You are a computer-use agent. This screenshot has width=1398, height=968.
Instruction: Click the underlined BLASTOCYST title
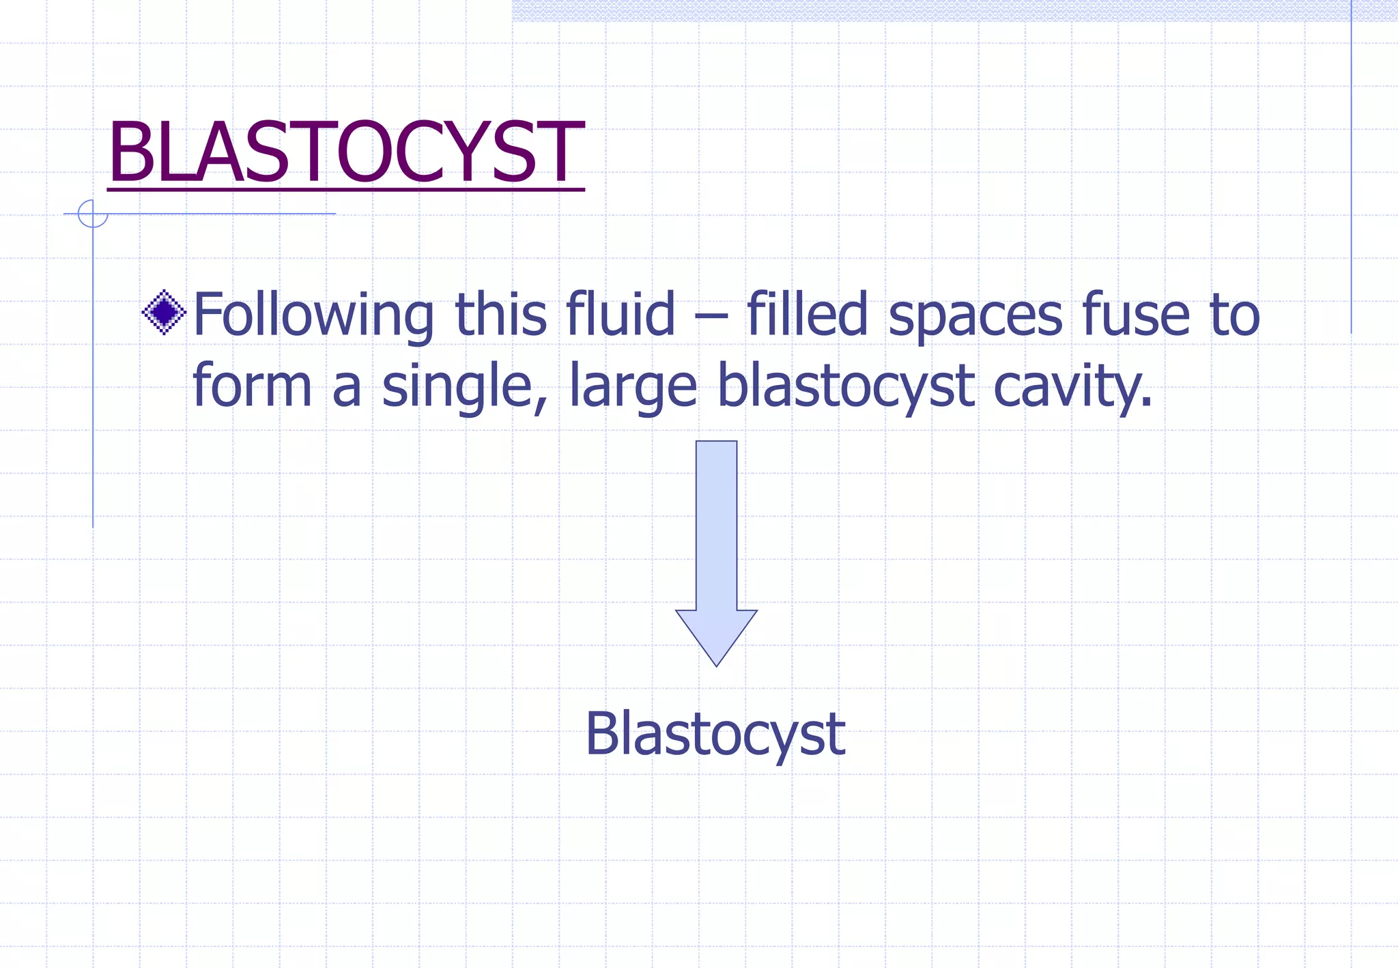click(345, 153)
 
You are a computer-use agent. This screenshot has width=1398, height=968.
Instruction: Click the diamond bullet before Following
click(164, 313)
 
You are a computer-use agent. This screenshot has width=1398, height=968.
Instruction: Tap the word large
click(633, 388)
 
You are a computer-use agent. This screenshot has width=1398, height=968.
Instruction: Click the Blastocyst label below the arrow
click(715, 735)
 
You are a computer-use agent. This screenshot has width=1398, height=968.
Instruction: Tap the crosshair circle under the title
click(93, 214)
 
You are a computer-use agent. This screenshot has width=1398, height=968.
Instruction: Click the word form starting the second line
click(252, 386)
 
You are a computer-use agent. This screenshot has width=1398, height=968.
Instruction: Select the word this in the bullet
click(500, 314)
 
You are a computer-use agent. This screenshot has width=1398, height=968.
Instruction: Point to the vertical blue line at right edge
click(1351, 171)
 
